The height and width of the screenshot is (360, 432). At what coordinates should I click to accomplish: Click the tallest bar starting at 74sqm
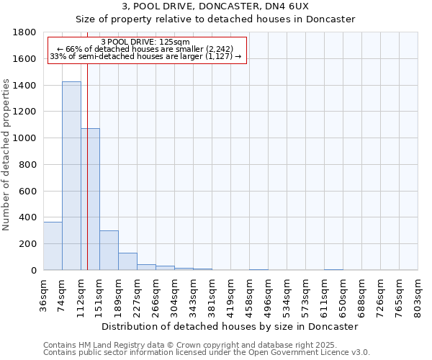click(x=71, y=176)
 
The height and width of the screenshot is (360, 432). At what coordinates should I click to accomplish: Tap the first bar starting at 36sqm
click(x=53, y=246)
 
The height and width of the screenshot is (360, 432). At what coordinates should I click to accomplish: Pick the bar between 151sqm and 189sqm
click(x=109, y=251)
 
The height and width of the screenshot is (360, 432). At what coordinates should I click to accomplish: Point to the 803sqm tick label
click(x=418, y=293)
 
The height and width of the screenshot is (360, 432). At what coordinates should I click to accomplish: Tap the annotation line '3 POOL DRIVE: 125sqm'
click(x=146, y=42)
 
